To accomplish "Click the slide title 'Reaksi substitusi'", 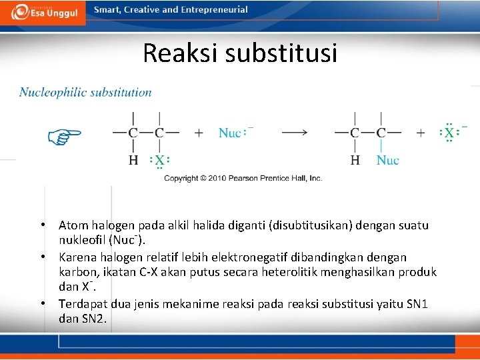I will click(240, 53).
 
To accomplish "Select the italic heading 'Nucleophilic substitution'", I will click(85, 93).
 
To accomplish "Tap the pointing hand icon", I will click(64, 137).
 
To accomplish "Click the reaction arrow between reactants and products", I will click(294, 132).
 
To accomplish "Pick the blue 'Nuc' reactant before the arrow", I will click(230, 133).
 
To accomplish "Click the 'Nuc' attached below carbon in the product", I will click(387, 160).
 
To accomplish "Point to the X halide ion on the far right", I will click(449, 132).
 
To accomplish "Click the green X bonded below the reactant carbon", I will click(160, 160).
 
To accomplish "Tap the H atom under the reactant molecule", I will click(133, 160).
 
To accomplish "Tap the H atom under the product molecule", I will click(355, 160).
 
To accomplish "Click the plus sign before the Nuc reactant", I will click(199, 133).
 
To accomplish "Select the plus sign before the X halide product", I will click(421, 133).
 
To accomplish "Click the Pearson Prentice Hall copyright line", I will click(243, 178).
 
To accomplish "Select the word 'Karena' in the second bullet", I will click(75, 257).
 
